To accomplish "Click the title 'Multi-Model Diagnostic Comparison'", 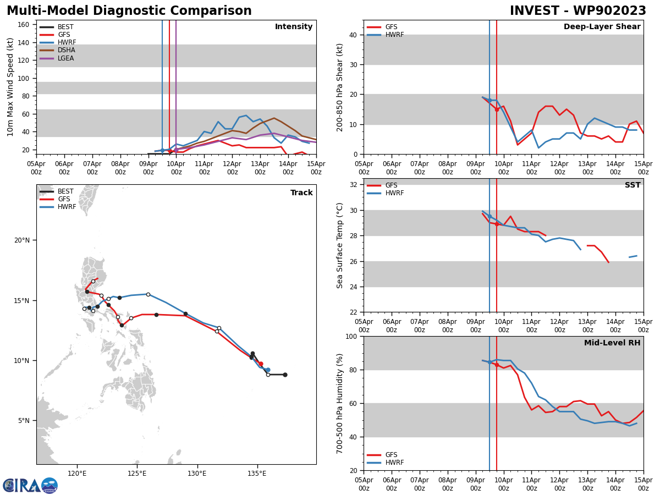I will tap(129, 11).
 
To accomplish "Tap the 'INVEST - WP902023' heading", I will tap(577, 11).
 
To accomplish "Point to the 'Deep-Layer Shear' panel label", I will tap(602, 27).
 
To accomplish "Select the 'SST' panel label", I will tap(632, 185).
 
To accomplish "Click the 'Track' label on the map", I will tap(301, 193).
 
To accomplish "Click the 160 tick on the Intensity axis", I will tap(24, 25).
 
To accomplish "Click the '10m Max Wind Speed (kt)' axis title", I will tap(10, 86).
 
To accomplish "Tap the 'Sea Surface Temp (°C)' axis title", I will tap(340, 245).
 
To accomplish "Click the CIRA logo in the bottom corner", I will tap(30, 485).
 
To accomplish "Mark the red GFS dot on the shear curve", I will tap(497, 109).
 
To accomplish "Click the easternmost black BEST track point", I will tap(285, 375).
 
